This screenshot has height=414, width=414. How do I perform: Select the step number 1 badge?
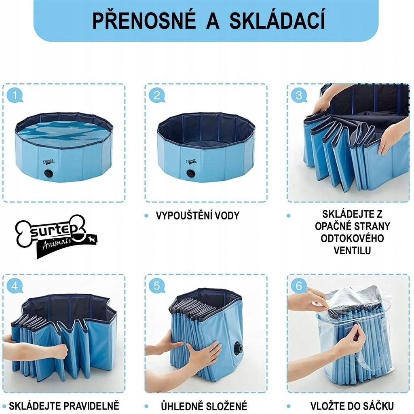(15, 95)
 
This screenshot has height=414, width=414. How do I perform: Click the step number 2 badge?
(156, 95)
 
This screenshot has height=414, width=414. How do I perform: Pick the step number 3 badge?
(299, 95)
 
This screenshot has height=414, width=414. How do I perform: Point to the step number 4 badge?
(15, 286)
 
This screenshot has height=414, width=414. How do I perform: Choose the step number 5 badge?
(156, 286)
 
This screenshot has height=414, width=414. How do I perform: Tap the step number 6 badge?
(299, 286)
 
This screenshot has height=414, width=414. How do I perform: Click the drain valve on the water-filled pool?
(49, 174)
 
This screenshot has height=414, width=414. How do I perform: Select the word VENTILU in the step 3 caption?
(352, 251)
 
